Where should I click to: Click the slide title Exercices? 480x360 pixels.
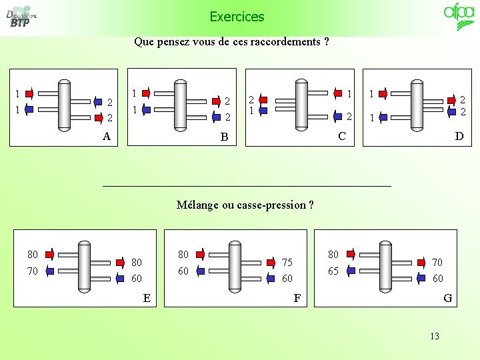click(x=237, y=17)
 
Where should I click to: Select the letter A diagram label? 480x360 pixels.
click(x=106, y=136)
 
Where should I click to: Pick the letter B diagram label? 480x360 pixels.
click(x=224, y=137)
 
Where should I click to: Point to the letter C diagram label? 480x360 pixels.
click(x=341, y=136)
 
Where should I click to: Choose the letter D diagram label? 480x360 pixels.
click(x=459, y=136)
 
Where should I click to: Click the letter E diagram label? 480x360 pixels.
click(x=147, y=297)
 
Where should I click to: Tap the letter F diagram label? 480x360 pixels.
click(x=297, y=298)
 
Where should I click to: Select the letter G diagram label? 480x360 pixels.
click(x=447, y=298)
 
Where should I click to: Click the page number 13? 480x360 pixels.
click(x=435, y=336)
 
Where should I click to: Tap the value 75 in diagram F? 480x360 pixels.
click(x=287, y=262)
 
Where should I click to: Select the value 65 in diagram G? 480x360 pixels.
click(x=333, y=271)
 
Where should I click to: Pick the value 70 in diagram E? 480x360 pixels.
click(x=32, y=271)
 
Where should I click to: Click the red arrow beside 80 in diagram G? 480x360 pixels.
click(x=352, y=254)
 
